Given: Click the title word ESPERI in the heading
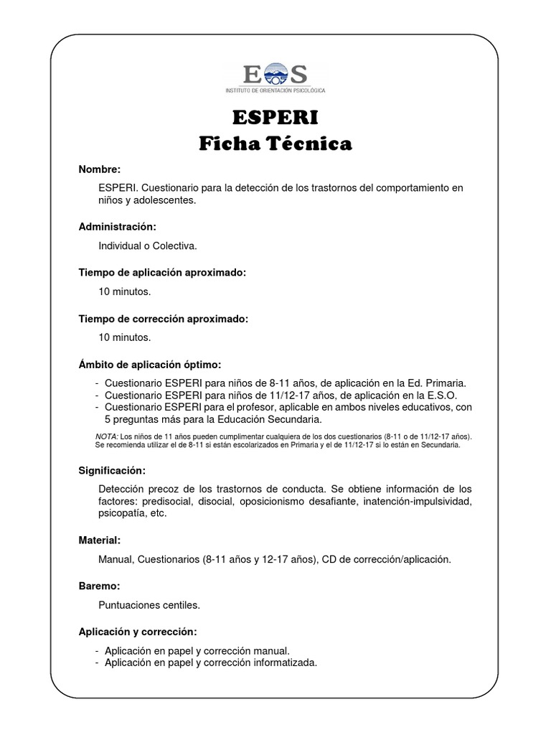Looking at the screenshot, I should (x=275, y=118).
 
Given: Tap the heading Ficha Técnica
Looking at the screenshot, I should (x=275, y=144).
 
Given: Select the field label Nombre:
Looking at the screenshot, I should (x=100, y=169).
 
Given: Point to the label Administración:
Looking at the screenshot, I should (x=118, y=227).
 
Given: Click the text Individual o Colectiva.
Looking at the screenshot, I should (x=148, y=245).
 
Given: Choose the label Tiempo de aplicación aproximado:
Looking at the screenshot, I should (x=162, y=273).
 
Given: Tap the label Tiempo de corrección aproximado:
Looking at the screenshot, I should (x=164, y=319).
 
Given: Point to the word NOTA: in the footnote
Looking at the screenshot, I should (x=107, y=436).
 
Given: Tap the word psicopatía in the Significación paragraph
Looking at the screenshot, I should (x=121, y=514).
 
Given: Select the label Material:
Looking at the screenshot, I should (x=100, y=540).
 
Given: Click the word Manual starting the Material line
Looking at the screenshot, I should (x=115, y=559).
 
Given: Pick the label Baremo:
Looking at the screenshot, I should (x=99, y=586).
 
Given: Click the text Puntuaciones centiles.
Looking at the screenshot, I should (x=150, y=604).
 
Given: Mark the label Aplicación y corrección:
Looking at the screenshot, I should (x=138, y=632).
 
